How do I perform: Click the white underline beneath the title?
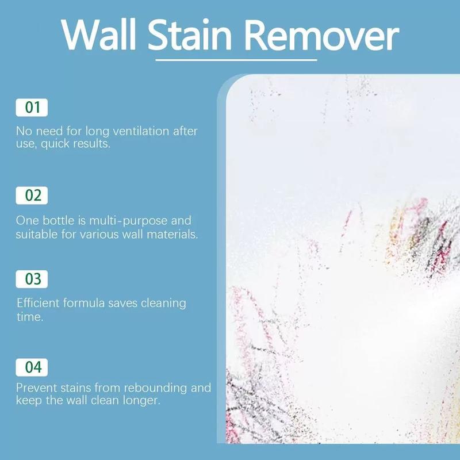click(236, 59)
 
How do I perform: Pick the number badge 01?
click(32, 108)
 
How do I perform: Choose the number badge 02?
click(32, 195)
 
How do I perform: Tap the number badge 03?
click(32, 279)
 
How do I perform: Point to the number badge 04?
click(32, 366)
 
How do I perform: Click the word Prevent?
click(36, 388)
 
